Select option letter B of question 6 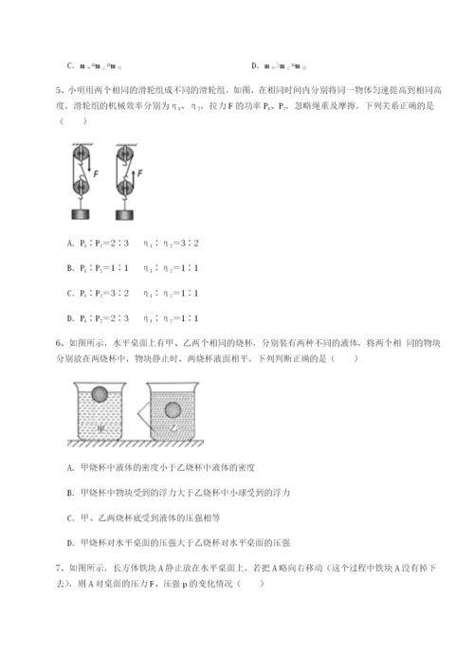pos(71,493)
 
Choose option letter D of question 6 pos(71,542)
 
